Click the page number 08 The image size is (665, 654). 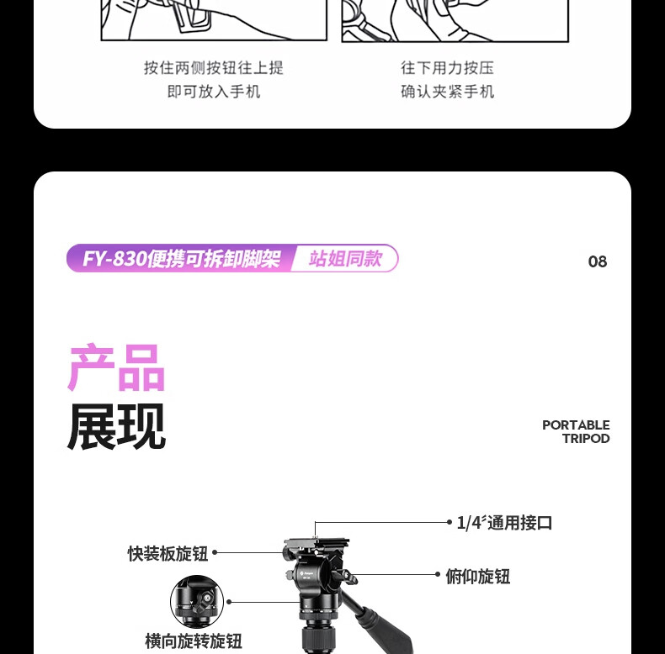click(x=597, y=261)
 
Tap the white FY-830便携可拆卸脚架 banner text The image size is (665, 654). click(x=181, y=258)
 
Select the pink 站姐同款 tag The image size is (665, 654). click(x=345, y=258)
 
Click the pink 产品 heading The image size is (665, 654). click(x=116, y=367)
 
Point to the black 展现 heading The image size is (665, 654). click(x=116, y=426)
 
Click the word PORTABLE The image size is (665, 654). click(x=576, y=425)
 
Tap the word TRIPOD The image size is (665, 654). click(x=586, y=439)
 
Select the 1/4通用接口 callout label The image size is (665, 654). click(x=504, y=522)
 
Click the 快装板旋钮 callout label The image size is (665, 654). click(x=168, y=553)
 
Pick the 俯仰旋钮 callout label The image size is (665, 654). click(x=477, y=576)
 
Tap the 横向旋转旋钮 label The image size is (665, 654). click(x=194, y=641)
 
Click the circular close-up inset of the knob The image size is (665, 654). click(x=197, y=602)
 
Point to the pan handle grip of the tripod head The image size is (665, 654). click(x=384, y=631)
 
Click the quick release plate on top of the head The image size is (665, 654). click(x=317, y=543)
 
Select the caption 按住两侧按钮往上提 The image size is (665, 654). click(x=214, y=68)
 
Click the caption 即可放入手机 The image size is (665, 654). click(x=214, y=91)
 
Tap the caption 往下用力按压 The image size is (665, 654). click(x=448, y=68)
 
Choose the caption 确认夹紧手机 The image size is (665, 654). click(x=448, y=91)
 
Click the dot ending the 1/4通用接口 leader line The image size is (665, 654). click(x=450, y=522)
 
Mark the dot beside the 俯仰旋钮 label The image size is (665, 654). click(x=438, y=574)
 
